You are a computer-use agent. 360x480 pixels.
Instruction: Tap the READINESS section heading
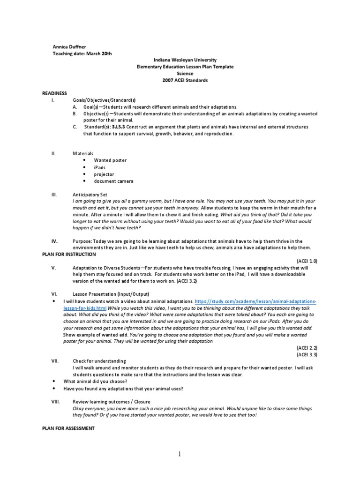pos(55,94)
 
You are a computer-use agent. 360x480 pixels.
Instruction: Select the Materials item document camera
pos(113,181)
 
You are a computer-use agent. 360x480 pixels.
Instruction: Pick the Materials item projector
pos(104,174)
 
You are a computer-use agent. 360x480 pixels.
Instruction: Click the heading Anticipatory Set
pos(90,194)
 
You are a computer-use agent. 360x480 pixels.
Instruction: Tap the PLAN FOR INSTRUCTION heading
pos(69,254)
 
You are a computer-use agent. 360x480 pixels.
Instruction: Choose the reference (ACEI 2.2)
pos(307,348)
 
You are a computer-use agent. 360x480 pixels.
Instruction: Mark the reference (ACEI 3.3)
pos(307,355)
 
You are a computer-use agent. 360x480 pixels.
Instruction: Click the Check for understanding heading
pos(99,361)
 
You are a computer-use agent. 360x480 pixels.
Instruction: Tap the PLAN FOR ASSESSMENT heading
pos(68,428)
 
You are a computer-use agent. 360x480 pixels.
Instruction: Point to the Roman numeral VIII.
pos(54,402)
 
